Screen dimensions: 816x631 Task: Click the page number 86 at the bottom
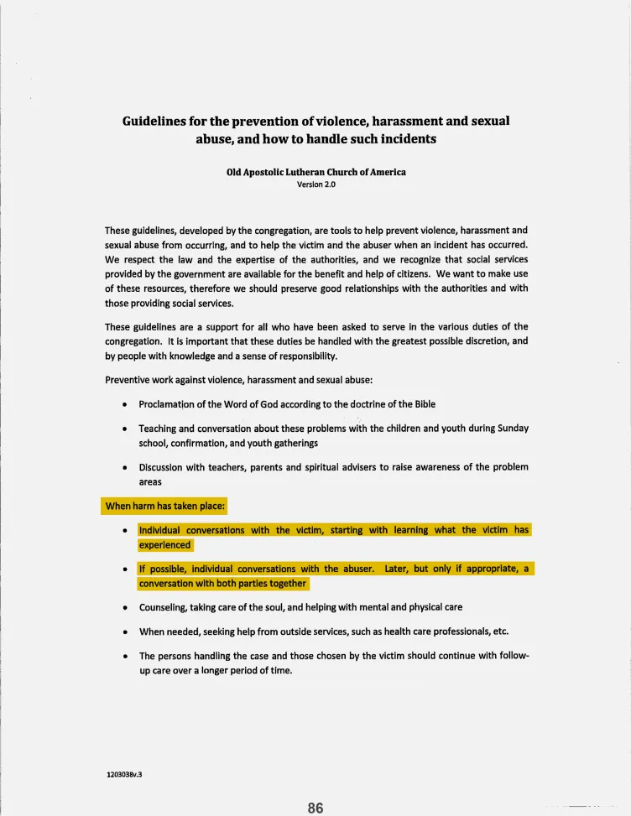pyautogui.click(x=315, y=808)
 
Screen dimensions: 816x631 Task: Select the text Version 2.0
pyautogui.click(x=316, y=185)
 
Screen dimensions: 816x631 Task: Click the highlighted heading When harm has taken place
pyautogui.click(x=165, y=507)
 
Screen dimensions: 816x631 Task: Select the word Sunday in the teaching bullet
pyautogui.click(x=512, y=429)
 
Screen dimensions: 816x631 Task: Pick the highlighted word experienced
pyautogui.click(x=165, y=544)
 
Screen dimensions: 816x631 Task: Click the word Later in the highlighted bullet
pyautogui.click(x=397, y=569)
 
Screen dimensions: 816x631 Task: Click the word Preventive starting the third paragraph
pyautogui.click(x=128, y=379)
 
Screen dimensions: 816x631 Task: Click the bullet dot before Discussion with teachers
pyautogui.click(x=124, y=468)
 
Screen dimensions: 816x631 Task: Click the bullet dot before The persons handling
pyautogui.click(x=124, y=657)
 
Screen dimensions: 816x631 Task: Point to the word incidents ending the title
pyautogui.click(x=402, y=139)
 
